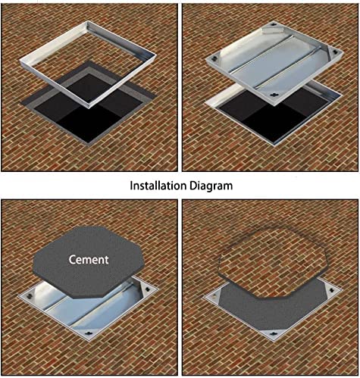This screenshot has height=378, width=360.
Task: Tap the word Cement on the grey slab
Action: pos(89,260)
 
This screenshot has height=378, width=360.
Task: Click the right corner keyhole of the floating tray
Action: pos(335,52)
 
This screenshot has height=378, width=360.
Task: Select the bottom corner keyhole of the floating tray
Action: pos(274,95)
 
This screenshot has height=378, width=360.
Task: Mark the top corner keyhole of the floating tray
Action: pos(274,25)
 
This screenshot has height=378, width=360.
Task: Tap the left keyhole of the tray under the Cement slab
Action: pos(30,295)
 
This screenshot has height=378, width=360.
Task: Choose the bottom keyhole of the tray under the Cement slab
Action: pos(89,333)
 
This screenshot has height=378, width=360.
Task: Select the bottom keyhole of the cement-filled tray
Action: pos(272,333)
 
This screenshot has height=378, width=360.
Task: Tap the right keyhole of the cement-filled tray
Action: pos(331,290)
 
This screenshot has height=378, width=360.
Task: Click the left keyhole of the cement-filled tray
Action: pos(214,297)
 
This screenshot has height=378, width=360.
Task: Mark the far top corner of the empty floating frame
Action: pos(88,22)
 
